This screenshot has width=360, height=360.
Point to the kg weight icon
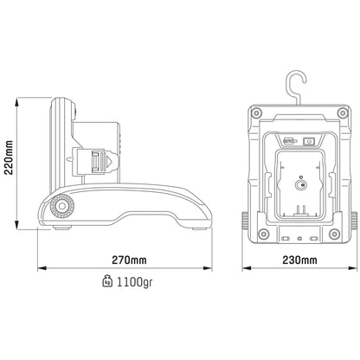[107, 281]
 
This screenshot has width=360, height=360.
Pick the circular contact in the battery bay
[299, 184]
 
